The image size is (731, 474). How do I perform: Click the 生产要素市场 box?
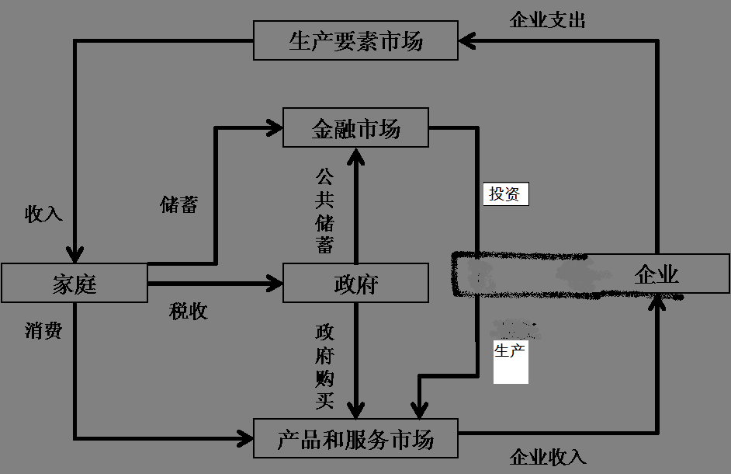coord(355,41)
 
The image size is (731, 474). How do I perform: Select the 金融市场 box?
coord(355,127)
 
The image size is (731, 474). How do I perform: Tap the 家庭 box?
coord(74,283)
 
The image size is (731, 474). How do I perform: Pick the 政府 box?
coord(355,283)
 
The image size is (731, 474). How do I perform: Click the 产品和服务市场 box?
coord(355,439)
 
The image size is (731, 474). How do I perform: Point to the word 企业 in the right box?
coord(657,274)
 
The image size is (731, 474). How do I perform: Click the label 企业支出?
coord(547,20)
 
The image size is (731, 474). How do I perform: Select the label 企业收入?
coord(547,457)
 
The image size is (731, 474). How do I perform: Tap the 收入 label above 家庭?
coord(43,214)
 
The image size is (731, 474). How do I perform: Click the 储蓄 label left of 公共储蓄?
coord(179,204)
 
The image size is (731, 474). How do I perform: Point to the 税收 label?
coord(189,312)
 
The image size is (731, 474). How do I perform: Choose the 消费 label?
coord(43,331)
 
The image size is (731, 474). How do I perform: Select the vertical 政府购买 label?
coord(324,367)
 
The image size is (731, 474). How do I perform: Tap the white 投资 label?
coord(505,194)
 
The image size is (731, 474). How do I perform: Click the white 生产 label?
coord(510,351)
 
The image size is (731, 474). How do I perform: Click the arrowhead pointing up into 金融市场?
coord(355,155)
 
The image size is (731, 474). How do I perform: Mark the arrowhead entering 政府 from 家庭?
coord(275,283)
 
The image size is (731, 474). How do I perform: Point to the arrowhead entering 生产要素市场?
coord(466,40)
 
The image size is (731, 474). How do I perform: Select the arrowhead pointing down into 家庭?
coord(74,255)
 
